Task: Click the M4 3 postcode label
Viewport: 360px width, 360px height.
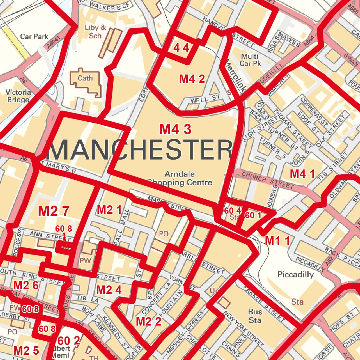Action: pos(175,129)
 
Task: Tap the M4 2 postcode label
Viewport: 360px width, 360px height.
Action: pos(192,79)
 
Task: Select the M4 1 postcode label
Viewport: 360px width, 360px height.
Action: pos(302,173)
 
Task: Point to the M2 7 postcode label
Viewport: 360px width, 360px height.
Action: pos(53,211)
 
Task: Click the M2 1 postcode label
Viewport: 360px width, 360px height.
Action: pos(109,210)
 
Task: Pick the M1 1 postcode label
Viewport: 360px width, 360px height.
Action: pos(277,241)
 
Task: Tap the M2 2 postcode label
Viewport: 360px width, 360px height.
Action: pos(148,321)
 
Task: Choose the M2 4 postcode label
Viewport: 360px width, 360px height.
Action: pos(109,290)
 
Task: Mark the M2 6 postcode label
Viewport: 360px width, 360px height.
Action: pos(26,285)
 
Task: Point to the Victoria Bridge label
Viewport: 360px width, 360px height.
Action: pos(18,96)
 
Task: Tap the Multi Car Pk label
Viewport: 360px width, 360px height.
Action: pos(249,60)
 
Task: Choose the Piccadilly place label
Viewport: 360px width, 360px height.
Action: pos(295,275)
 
